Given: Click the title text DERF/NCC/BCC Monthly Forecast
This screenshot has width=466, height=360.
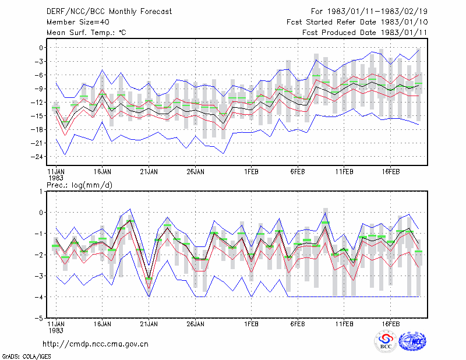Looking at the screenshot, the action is pos(109,12).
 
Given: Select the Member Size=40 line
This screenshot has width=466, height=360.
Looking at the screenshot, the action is pos(78,22).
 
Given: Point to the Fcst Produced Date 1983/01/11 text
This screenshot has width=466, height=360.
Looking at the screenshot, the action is pos(365,33).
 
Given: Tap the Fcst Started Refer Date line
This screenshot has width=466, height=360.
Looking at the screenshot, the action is pos(357,22).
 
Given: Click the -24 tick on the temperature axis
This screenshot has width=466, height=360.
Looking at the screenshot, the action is pos(37,157).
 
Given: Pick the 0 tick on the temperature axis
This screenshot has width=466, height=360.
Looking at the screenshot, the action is pos(41,48).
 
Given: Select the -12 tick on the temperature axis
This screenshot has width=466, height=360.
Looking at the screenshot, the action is pos(37,103).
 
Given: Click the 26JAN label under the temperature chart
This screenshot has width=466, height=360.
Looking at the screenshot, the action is pos(195,172).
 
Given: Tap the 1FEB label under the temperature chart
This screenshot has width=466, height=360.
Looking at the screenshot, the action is pos(251,172).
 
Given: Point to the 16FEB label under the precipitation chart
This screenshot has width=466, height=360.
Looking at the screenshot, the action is pos(390,324).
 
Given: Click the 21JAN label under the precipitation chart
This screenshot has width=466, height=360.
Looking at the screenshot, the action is pos(149,324).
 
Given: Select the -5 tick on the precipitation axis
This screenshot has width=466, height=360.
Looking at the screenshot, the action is pos(38,318).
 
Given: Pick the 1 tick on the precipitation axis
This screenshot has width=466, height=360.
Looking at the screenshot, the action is pos(41,192).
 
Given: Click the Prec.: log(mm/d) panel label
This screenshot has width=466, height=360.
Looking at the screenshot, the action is pos(79,185).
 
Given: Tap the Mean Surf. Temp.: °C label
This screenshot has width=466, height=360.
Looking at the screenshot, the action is pos(86,33).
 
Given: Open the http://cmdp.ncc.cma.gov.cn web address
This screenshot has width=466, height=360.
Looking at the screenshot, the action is pos(96,344).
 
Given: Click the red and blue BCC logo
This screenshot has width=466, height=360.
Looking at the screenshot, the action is pos(386,341).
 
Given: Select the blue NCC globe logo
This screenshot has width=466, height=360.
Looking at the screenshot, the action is pos(412,341).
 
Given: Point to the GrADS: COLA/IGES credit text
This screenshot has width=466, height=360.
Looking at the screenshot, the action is pos(27,357).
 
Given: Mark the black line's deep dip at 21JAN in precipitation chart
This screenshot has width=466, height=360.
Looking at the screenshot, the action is pos(149,278).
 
